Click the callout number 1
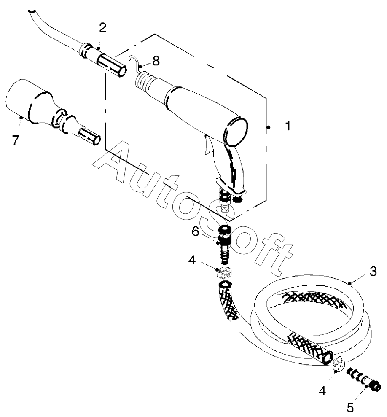288,126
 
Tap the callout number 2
102,28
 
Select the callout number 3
372,272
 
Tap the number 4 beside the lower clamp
322,391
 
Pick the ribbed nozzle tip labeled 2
110,64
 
